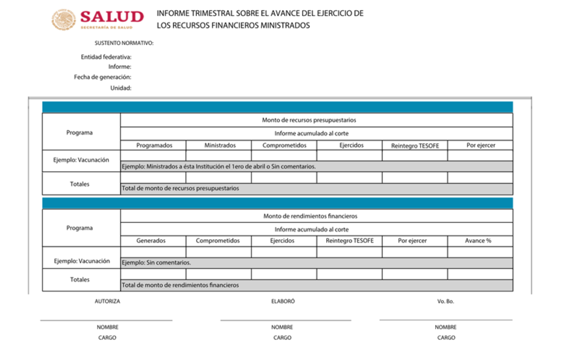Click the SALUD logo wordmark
pos(112,17)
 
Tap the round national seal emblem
pos(64,19)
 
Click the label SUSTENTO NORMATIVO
pos(124,43)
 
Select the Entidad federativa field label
pos(106,57)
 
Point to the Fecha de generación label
pos(103,77)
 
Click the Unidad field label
pos(121,88)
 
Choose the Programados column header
pos(154,145)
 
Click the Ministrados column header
pos(220,145)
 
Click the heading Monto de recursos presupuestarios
pos(309,120)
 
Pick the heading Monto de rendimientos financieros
pos(310,216)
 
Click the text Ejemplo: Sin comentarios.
pos(157,263)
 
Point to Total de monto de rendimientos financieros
pos(180,285)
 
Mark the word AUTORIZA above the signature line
pos(107,302)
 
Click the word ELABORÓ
pos(283,302)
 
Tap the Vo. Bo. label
pos(446,302)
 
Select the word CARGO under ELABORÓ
pos(283,338)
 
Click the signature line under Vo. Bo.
pos(446,320)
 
